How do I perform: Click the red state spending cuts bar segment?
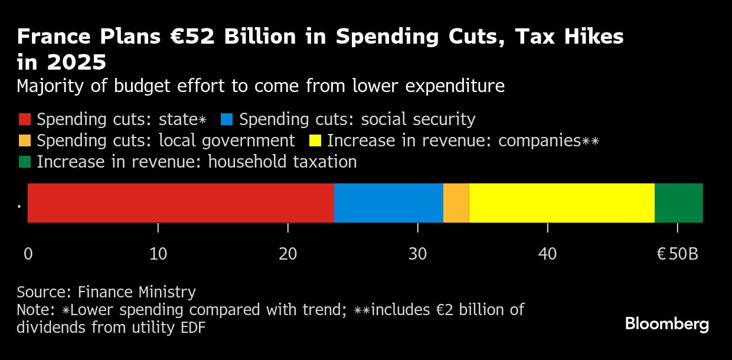click(x=181, y=203)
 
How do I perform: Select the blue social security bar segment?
click(x=388, y=203)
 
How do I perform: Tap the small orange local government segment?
click(x=456, y=203)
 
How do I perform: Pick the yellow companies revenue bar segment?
click(x=561, y=203)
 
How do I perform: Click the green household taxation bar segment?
click(x=678, y=203)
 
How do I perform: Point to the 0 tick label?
click(x=28, y=254)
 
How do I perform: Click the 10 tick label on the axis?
click(x=158, y=254)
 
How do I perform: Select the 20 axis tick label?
click(x=287, y=254)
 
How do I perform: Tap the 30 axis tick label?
click(x=417, y=254)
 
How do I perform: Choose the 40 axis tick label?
click(x=547, y=254)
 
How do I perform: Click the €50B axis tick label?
click(x=677, y=254)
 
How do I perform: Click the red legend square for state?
click(x=24, y=120)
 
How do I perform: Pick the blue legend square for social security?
click(x=227, y=120)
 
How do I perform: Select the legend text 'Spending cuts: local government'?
click(x=165, y=141)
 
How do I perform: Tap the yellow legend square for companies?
click(x=315, y=141)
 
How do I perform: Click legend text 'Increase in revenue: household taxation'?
click(x=197, y=162)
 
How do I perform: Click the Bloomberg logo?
click(x=666, y=324)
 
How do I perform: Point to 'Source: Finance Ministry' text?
click(x=106, y=292)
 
